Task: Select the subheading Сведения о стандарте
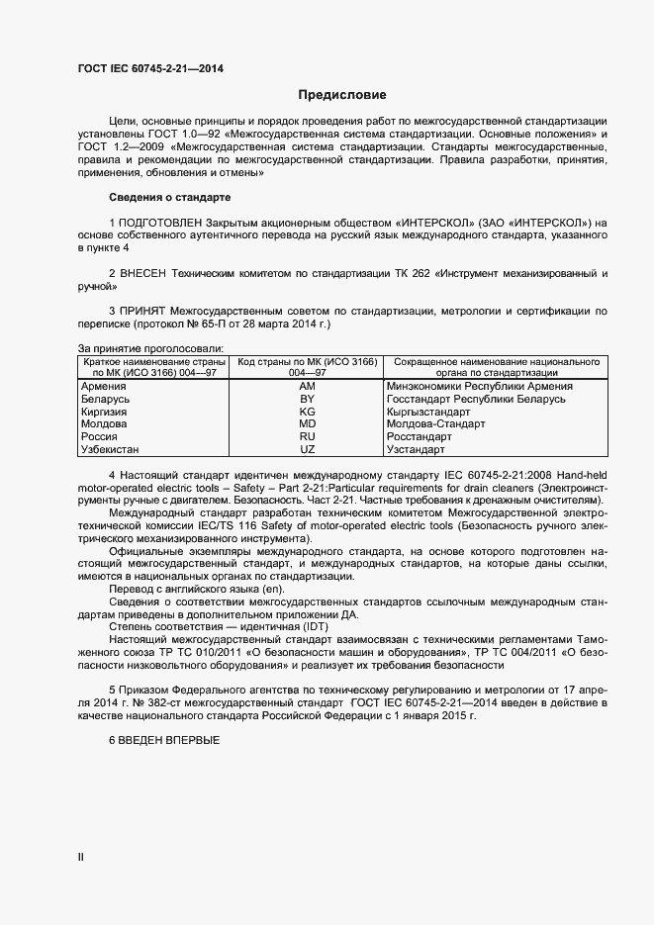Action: click(168, 198)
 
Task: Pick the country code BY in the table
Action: click(307, 399)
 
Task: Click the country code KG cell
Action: click(307, 412)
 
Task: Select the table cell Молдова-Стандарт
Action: click(437, 423)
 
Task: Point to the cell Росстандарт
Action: click(420, 436)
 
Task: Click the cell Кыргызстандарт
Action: click(433, 412)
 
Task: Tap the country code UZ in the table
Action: click(307, 449)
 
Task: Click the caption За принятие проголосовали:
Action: click(149, 348)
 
